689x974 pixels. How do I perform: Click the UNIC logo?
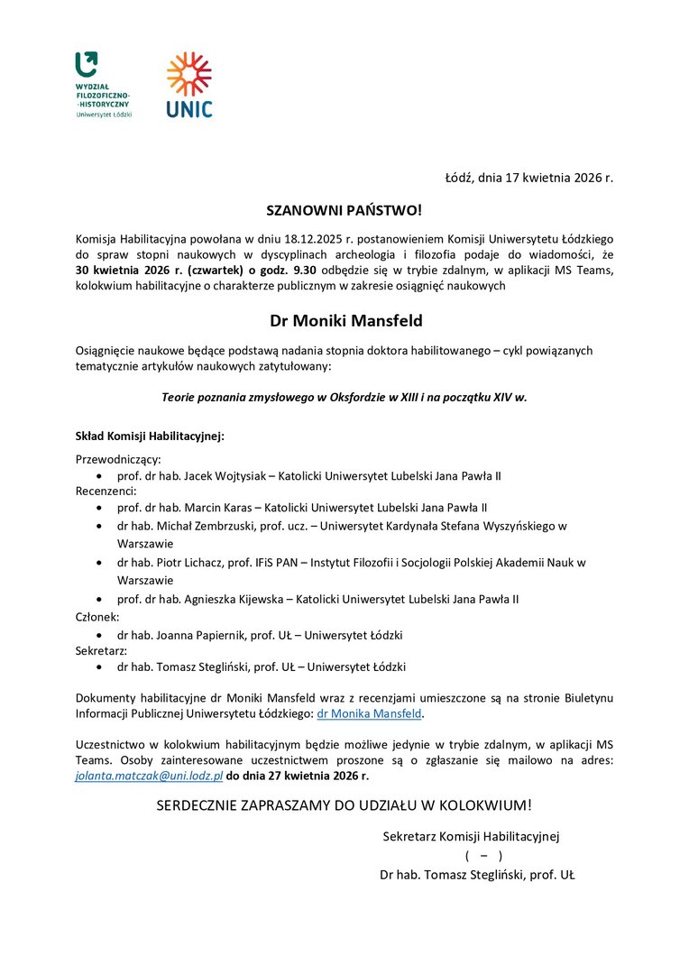coord(189,86)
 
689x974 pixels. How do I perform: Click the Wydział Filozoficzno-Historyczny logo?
coord(102,85)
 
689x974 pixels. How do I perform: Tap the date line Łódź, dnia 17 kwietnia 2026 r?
coord(528,178)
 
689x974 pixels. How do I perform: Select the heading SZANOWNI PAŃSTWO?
coord(344,211)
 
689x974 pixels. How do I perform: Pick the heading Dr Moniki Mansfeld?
coord(345,320)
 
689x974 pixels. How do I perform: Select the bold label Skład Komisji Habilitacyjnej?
coord(149,436)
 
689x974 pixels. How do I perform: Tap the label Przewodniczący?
coord(118,459)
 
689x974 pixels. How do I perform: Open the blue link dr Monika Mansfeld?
coord(370,713)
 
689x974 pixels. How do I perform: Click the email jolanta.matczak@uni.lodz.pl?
coord(149,776)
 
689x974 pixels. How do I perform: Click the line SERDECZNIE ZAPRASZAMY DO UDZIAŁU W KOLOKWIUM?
coord(344,804)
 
